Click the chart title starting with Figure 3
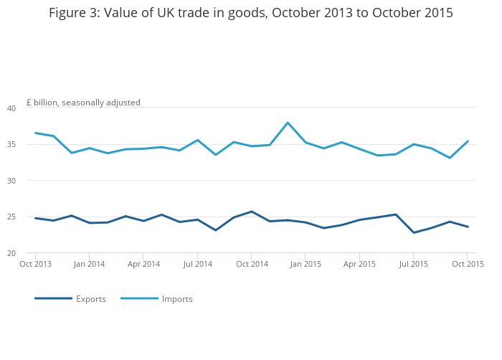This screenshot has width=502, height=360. tap(251, 13)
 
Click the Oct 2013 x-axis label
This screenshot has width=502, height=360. tap(35, 264)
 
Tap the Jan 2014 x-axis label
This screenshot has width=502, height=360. tap(89, 264)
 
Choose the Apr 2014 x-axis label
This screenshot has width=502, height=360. tap(143, 264)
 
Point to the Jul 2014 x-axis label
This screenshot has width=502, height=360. tap(197, 264)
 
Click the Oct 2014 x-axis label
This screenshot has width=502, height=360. tap(252, 264)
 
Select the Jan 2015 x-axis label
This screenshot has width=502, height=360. tap(306, 264)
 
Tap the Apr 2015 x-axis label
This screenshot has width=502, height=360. tap(359, 264)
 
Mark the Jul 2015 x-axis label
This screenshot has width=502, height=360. tap(413, 264)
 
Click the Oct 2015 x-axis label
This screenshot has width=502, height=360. tap(468, 264)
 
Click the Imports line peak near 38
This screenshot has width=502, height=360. tap(288, 123)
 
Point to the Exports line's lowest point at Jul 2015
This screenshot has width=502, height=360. tap(413, 232)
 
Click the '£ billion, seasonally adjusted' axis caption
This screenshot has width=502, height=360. tap(83, 103)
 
